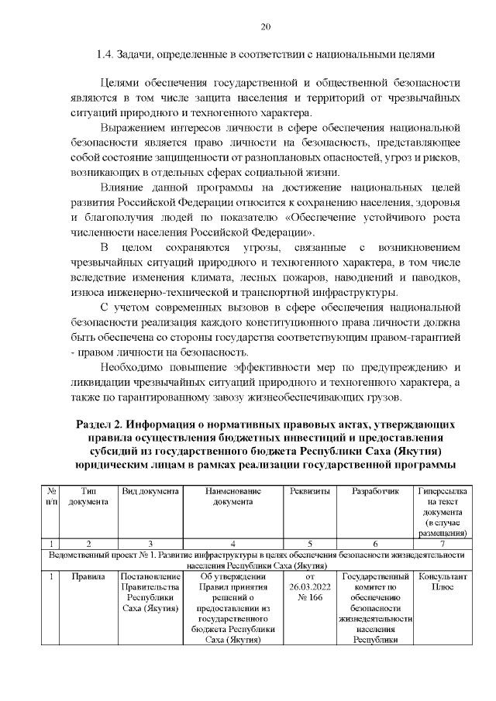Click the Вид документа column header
(x=150, y=492)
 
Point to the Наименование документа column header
(x=232, y=497)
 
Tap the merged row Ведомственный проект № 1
(x=255, y=560)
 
